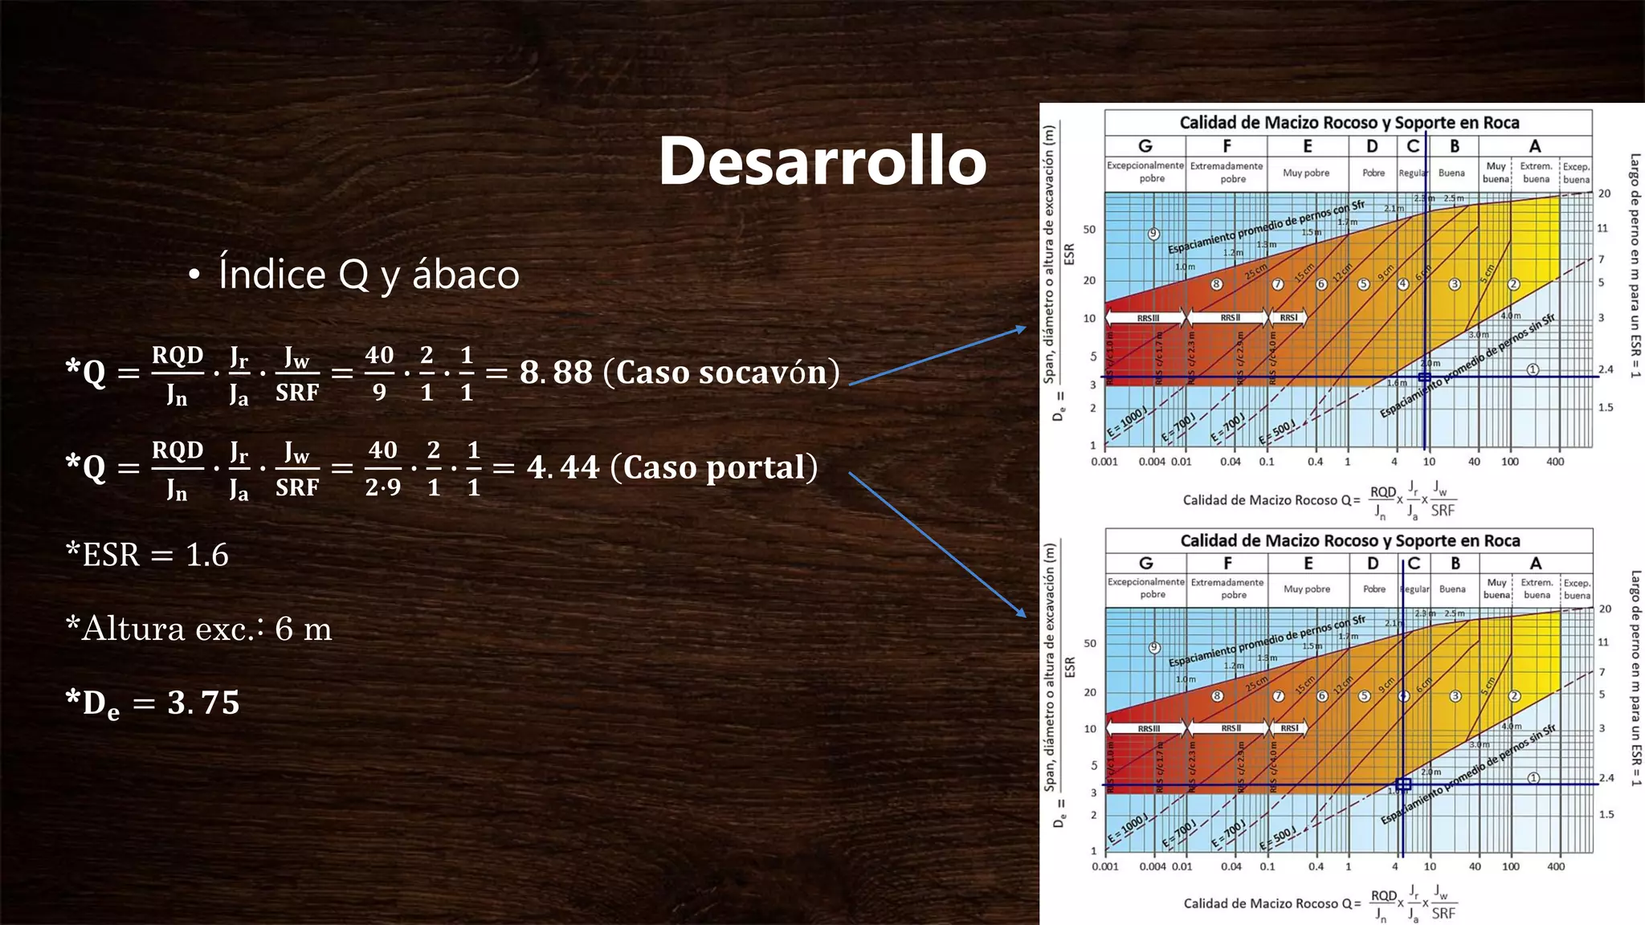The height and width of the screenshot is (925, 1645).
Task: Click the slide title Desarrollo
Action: [822, 161]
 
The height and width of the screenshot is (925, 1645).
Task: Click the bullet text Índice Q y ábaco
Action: [369, 275]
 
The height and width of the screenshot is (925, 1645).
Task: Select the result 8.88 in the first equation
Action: [556, 373]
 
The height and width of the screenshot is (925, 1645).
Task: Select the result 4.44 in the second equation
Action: [563, 467]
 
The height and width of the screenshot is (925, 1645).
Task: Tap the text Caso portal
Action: [714, 467]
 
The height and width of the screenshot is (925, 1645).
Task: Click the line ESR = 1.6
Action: [148, 555]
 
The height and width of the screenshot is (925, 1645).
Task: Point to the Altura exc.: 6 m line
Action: [199, 629]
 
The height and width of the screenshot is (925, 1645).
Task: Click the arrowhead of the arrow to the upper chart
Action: [1022, 328]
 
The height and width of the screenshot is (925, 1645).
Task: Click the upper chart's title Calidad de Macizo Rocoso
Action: [1349, 123]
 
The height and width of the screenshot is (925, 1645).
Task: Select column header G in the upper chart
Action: [1145, 146]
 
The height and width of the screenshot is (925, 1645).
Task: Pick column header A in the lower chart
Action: [1535, 564]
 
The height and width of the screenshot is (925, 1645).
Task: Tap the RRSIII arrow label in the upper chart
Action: [1148, 318]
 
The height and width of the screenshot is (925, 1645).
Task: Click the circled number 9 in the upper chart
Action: [1153, 234]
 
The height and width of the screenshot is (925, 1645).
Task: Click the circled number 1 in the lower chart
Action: [1533, 777]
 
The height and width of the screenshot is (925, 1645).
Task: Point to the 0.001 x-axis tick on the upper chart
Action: [1104, 462]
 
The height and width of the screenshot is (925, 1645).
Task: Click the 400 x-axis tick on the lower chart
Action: [1556, 866]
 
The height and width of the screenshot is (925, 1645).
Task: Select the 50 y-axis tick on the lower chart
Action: [1090, 643]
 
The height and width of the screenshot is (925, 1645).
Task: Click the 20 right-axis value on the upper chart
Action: [1604, 194]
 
